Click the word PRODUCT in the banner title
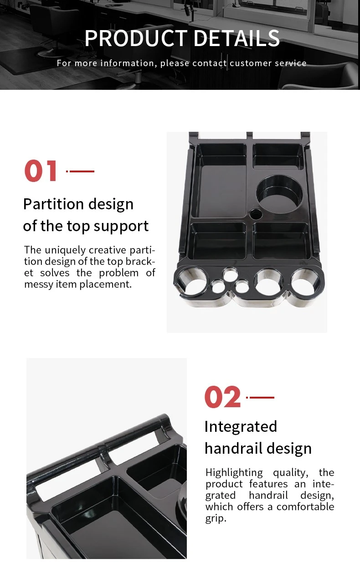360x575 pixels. [136, 38]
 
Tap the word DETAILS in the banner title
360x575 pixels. [237, 38]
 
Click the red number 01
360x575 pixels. [40, 171]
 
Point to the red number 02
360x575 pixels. [222, 397]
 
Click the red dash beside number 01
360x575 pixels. [80, 171]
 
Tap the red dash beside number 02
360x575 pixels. [260, 397]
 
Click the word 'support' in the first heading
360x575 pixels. [121, 227]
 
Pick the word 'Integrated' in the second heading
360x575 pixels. [241, 427]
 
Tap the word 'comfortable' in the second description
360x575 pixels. [305, 507]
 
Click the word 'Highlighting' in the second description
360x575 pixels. [234, 473]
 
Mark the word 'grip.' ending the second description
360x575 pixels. [216, 518]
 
